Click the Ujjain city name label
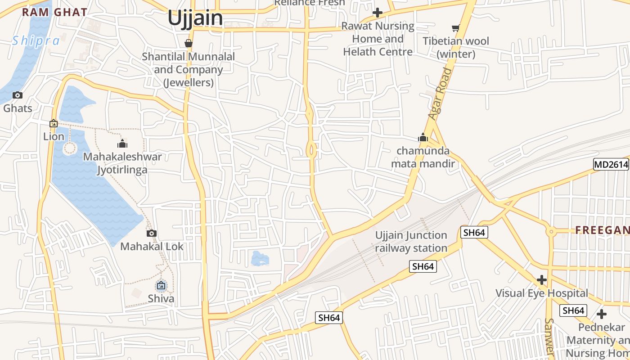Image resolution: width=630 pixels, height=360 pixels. (x=195, y=18)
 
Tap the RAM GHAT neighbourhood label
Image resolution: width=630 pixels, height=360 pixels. (x=54, y=12)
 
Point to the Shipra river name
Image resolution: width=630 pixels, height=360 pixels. (x=36, y=41)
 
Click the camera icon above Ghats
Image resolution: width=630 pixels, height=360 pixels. (x=18, y=95)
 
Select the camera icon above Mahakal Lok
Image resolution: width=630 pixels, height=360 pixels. (x=152, y=233)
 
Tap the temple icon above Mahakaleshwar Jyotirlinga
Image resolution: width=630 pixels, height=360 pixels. (x=122, y=144)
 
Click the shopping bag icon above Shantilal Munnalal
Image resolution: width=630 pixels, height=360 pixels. (x=189, y=43)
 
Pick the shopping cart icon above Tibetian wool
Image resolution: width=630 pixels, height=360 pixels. (x=456, y=28)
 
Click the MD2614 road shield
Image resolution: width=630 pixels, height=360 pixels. (x=611, y=165)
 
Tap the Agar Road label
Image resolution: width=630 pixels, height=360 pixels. (x=440, y=94)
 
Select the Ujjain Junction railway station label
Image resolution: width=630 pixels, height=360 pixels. (x=411, y=242)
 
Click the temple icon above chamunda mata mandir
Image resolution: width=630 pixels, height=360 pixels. (x=423, y=137)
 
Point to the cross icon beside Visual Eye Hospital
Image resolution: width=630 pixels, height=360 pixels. (x=542, y=280)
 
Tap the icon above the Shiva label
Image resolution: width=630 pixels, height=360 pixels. (x=161, y=285)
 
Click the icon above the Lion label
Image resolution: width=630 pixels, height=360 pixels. (x=54, y=123)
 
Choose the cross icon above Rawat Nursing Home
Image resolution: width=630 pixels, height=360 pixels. (x=378, y=13)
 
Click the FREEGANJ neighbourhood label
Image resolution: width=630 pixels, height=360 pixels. (x=602, y=230)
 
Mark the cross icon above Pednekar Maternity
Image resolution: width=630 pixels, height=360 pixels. (x=602, y=314)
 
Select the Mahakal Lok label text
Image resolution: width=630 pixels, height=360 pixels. (x=152, y=247)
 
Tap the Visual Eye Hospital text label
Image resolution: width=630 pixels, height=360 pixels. (x=542, y=293)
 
